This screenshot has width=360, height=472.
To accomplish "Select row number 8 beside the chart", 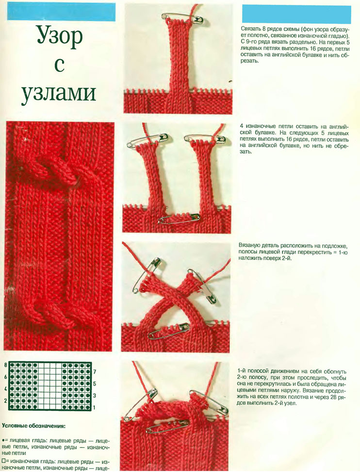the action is click(x=6, y=365).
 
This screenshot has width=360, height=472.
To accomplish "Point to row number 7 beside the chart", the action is click(x=95, y=372).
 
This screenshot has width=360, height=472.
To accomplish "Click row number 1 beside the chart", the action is click(x=95, y=407).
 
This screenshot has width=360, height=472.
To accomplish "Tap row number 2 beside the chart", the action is click(x=6, y=401).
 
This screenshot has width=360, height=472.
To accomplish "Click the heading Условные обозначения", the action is click(x=33, y=426).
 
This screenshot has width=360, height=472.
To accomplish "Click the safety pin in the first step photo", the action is click(x=182, y=18).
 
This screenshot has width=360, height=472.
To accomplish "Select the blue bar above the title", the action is click(x=61, y=12).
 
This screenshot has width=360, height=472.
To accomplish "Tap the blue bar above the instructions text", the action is click(x=296, y=14).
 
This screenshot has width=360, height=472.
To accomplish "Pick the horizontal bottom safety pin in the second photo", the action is click(x=179, y=218).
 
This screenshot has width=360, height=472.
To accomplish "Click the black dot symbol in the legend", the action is click(x=3, y=440).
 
